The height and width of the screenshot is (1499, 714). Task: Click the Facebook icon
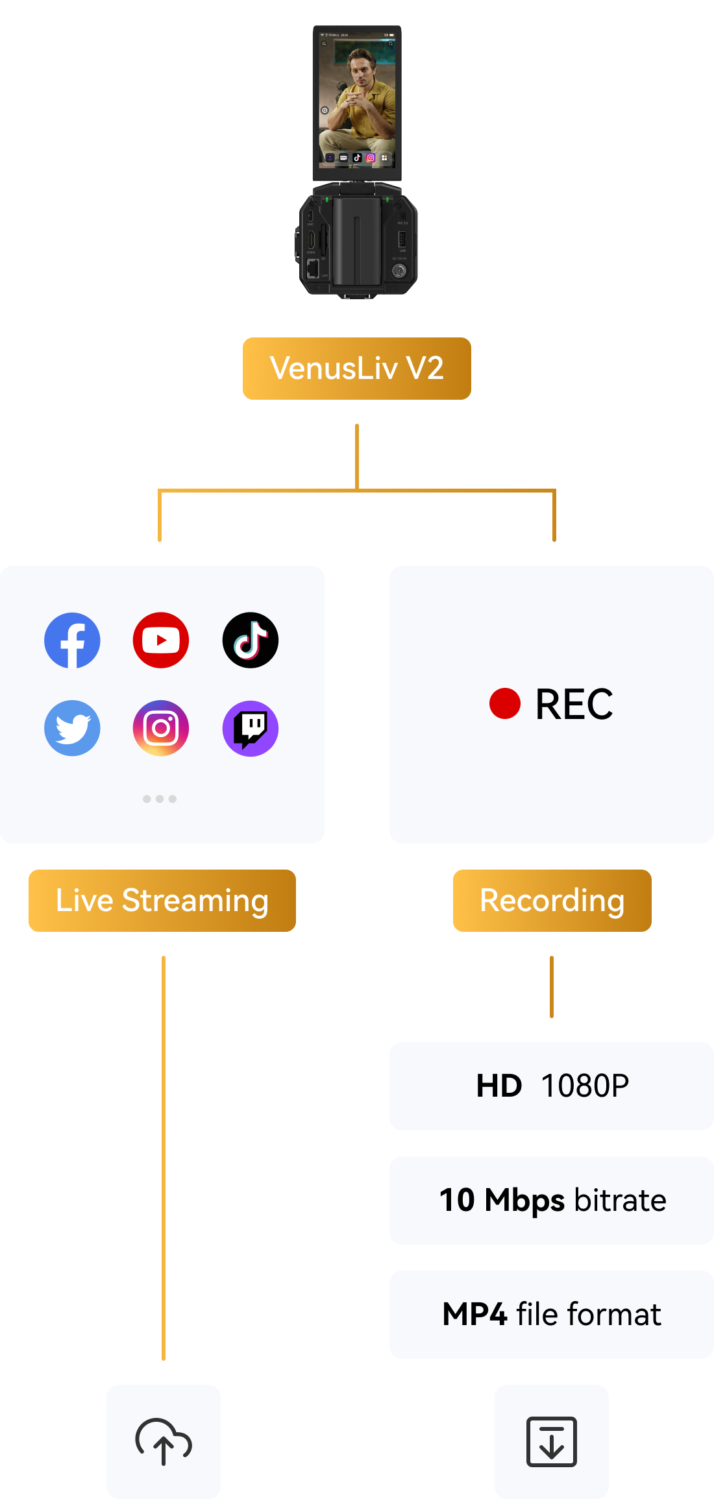coord(72,640)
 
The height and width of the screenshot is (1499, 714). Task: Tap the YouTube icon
coord(161,640)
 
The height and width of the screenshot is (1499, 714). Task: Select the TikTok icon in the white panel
coord(251,640)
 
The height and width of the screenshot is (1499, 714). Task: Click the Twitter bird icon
coord(72,728)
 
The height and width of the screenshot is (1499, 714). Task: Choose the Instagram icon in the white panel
coord(161,728)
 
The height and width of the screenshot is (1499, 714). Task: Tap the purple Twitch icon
coord(251,728)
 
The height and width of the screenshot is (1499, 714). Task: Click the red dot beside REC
coord(505,704)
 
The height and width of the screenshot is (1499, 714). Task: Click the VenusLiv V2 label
coord(357,369)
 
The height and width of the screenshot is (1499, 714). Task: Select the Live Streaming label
coord(162,901)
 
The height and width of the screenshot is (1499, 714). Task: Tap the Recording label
coord(552,901)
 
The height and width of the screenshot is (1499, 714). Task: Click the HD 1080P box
coord(552,1086)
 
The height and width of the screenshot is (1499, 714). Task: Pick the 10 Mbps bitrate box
coord(552,1200)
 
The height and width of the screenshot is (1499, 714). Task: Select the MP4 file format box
coord(552,1315)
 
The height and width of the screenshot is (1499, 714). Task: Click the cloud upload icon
coord(164,1442)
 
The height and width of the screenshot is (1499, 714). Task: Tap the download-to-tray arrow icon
coord(552,1442)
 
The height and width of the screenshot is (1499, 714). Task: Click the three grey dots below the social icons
coord(160,799)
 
